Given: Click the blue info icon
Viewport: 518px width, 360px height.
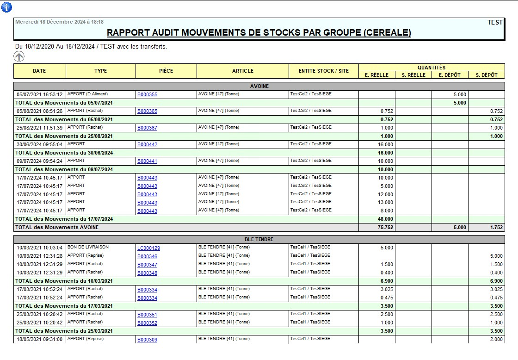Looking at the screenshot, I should click(7, 7).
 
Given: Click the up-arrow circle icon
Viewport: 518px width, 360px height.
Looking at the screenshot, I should click(19, 56).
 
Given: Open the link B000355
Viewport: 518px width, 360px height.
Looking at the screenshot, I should click(147, 94).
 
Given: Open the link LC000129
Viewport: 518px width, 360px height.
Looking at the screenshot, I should click(148, 248).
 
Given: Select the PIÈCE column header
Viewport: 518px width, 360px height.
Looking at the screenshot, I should click(166, 71).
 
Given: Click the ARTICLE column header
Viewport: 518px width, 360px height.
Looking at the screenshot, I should click(243, 71).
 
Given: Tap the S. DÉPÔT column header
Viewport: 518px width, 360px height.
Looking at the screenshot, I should click(487, 75).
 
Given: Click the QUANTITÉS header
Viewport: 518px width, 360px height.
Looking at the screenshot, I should click(432, 68).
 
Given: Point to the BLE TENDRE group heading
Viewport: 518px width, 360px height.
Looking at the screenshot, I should click(259, 239).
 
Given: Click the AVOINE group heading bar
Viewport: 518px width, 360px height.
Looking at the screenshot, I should click(259, 86).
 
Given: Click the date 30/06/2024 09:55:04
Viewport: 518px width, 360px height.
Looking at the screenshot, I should click(39, 144).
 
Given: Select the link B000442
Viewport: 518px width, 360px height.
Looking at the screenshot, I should click(147, 144).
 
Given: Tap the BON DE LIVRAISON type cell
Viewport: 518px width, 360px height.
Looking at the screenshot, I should click(88, 247).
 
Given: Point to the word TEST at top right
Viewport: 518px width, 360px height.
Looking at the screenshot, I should click(495, 22).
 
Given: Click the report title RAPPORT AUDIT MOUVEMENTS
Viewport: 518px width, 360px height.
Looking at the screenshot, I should click(259, 33).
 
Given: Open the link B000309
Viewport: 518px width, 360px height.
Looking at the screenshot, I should click(147, 340).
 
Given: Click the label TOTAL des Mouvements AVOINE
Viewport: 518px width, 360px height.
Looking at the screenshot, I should click(57, 227).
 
